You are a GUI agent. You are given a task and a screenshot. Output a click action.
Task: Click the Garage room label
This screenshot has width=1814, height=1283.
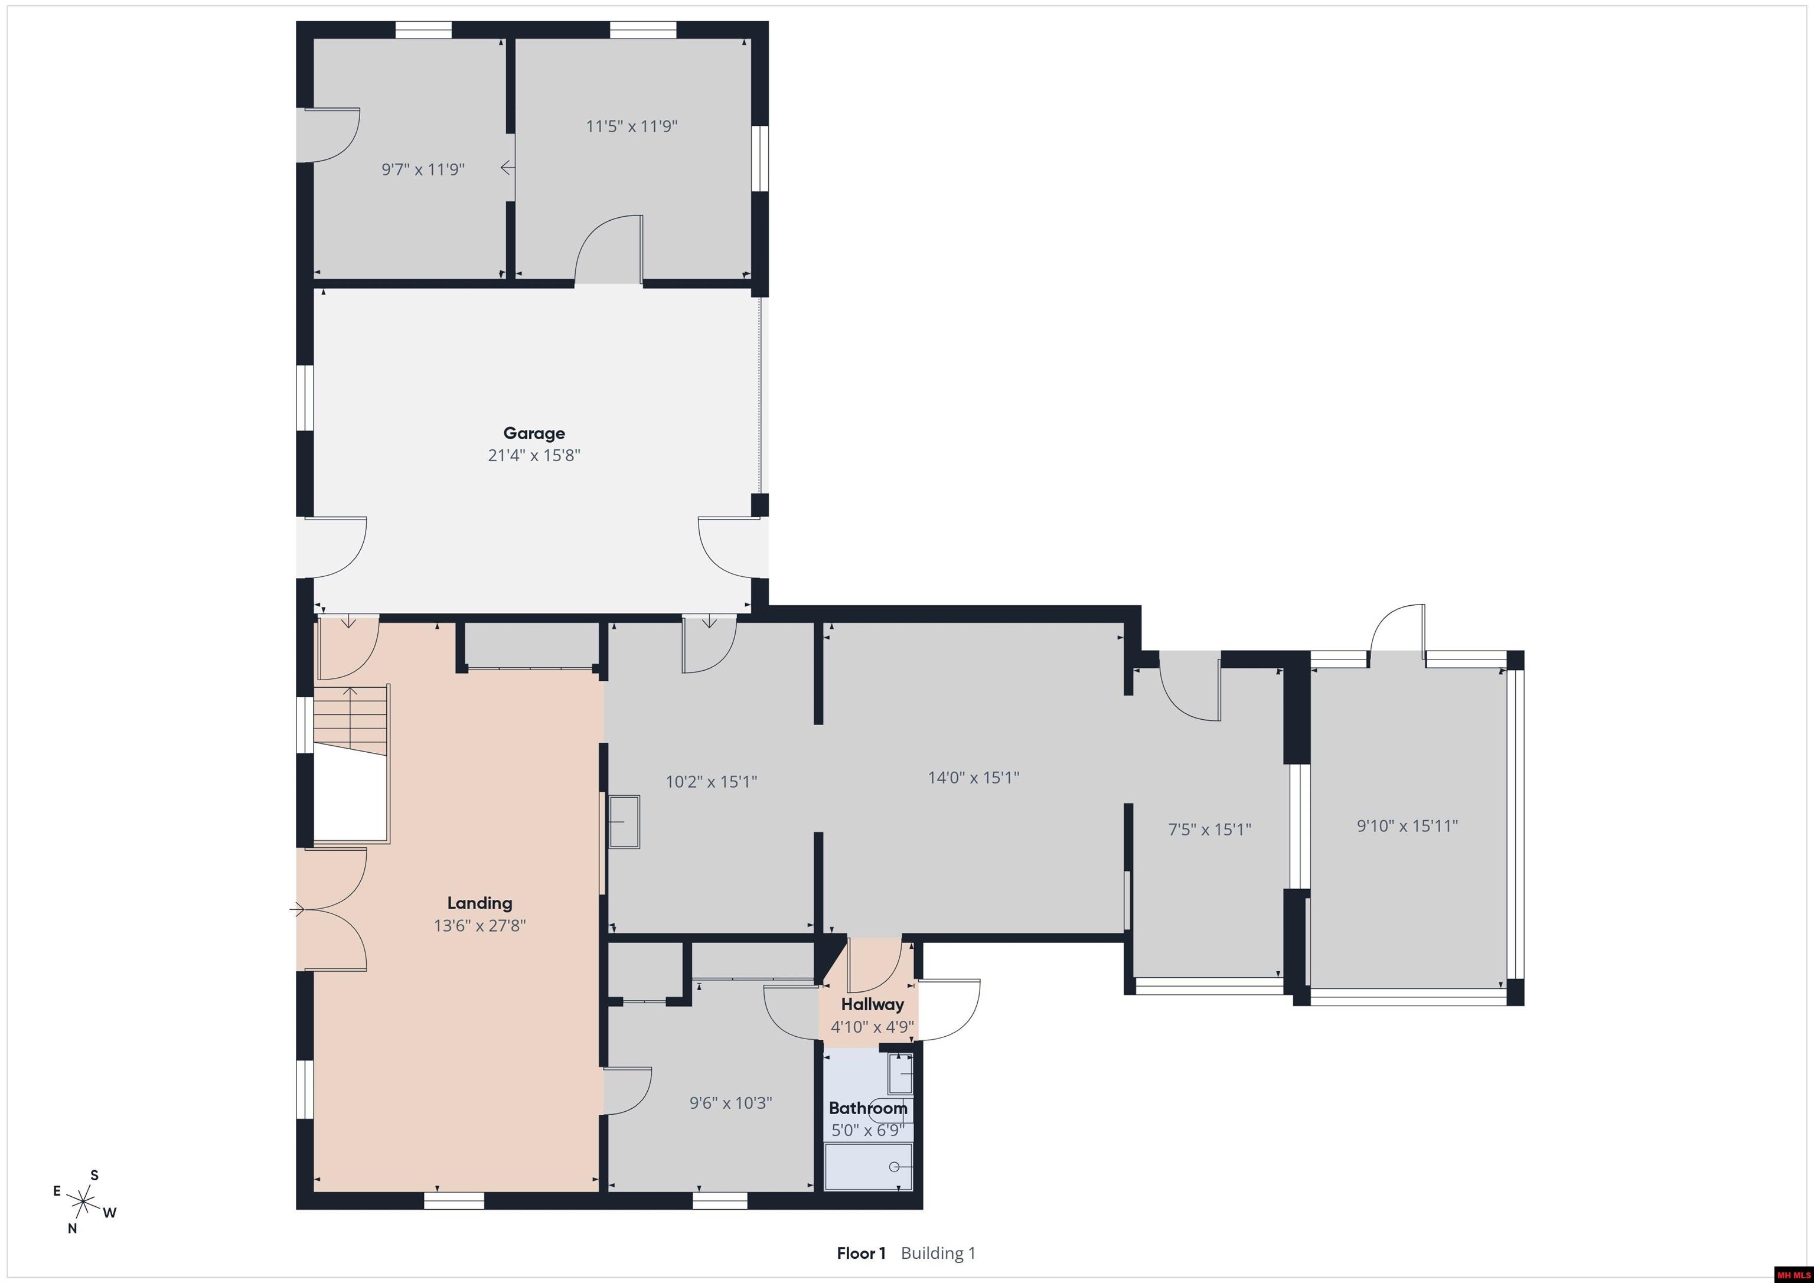point(534,433)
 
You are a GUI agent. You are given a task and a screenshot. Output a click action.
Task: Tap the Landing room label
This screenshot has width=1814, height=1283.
point(479,903)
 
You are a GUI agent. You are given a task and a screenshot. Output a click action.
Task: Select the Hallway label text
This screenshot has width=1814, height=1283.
point(872,1005)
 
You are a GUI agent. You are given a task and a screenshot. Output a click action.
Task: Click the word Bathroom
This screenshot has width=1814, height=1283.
point(868,1108)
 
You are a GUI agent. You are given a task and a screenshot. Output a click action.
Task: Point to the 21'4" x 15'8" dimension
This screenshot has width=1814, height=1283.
point(534,455)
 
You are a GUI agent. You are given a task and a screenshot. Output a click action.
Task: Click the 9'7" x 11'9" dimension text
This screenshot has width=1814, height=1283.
point(423,169)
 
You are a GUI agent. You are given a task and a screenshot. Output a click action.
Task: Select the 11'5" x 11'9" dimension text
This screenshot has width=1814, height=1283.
point(631,126)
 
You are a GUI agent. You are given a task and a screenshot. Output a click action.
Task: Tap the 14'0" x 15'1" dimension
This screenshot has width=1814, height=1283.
point(973,778)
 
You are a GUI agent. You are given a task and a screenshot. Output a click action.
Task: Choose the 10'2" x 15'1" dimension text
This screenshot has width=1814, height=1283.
point(711,781)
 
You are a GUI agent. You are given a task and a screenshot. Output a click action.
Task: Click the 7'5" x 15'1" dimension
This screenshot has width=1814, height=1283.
point(1209,830)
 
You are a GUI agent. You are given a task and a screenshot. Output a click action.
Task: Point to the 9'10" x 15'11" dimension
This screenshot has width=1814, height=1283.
point(1407,825)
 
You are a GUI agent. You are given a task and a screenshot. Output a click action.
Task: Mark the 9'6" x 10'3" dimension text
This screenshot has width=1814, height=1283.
point(731,1103)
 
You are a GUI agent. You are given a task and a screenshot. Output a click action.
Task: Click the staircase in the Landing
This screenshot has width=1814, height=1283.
point(351,720)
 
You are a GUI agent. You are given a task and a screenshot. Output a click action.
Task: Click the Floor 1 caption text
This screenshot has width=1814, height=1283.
point(861,1253)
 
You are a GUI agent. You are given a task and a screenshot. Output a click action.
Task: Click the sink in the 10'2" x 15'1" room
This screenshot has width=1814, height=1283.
point(624,822)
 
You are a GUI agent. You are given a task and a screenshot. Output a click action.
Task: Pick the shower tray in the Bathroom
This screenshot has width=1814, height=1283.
point(868,1166)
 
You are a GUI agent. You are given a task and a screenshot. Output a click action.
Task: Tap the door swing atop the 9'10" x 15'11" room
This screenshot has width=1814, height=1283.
point(1397,629)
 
